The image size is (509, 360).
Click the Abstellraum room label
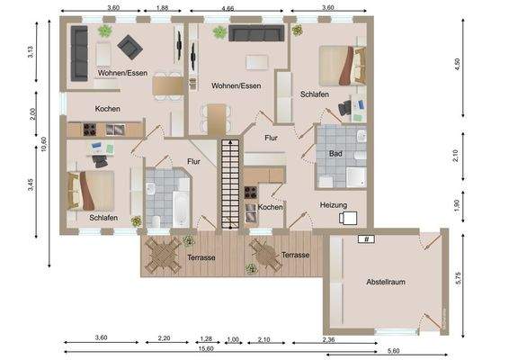click(x=385, y=282)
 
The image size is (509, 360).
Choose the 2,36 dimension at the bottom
click(x=329, y=338)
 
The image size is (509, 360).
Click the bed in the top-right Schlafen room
click(x=343, y=63)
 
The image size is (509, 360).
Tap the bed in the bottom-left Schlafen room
click(x=92, y=190)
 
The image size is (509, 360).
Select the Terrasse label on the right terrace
click(x=295, y=256)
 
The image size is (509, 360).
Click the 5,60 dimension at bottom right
click(x=393, y=350)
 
